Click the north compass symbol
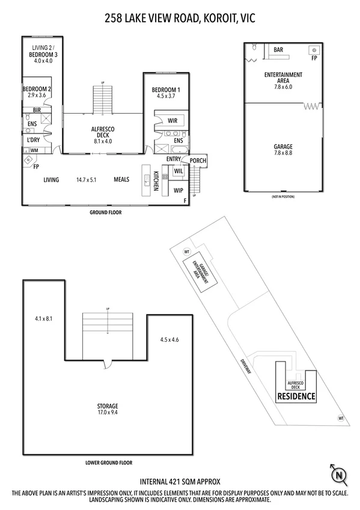pos(340,475)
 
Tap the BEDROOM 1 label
pos(166,91)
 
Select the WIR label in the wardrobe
pos(172,120)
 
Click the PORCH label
pos(198,161)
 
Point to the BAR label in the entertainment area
pos(278,51)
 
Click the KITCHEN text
pos(155,180)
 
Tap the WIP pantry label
pos(178,191)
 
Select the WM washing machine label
pos(34,150)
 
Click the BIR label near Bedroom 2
pos(37,110)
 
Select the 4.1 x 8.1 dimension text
pos(44,319)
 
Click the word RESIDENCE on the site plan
pos(296,396)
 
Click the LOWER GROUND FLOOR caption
pos(109,462)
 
